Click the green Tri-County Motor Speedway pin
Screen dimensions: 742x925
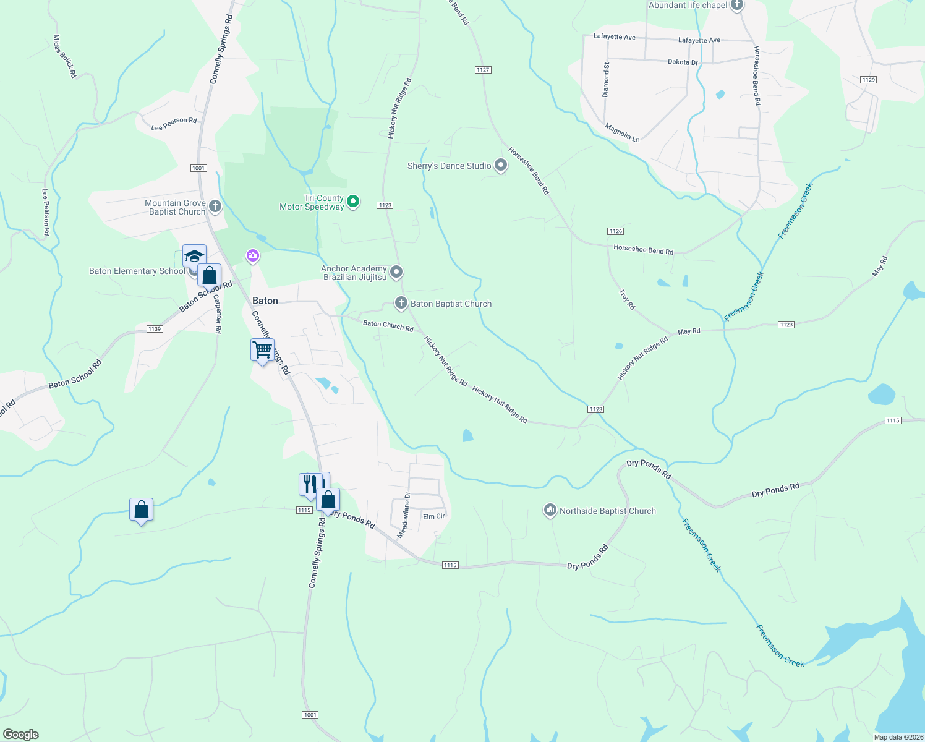(353, 202)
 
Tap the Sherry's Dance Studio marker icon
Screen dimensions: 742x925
(501, 166)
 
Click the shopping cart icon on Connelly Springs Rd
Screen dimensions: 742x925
(262, 351)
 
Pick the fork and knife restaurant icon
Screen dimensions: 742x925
(310, 484)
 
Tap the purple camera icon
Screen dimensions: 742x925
(252, 255)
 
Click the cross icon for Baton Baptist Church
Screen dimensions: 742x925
(401, 303)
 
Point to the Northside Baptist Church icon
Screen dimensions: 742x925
(550, 510)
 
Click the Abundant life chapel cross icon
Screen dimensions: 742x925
(736, 6)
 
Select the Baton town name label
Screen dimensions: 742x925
(265, 301)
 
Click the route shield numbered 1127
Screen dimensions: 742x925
(484, 70)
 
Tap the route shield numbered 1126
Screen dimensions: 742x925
(615, 231)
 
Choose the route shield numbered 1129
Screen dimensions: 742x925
(868, 80)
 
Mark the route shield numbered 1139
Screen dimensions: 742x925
(155, 329)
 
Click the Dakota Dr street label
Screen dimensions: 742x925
(683, 62)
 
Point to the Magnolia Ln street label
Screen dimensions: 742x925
(622, 132)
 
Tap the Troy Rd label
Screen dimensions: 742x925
(627, 299)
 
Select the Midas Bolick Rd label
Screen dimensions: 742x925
(64, 56)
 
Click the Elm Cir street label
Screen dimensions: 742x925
(433, 516)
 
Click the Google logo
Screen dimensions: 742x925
(21, 735)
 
